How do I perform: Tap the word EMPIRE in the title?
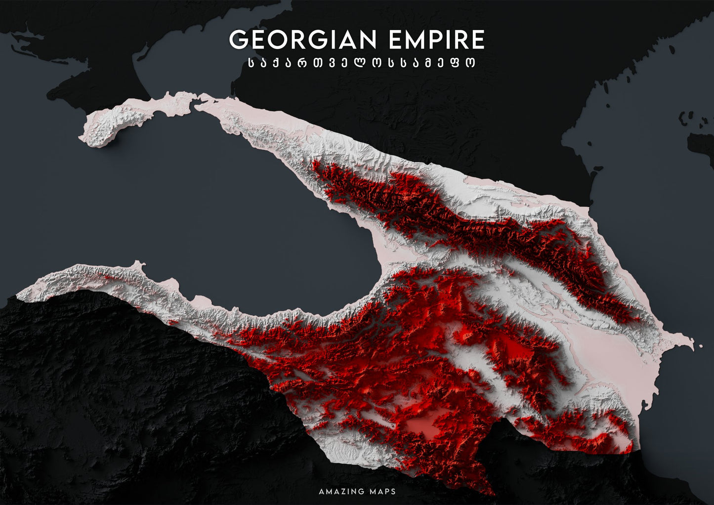tap(436, 40)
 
